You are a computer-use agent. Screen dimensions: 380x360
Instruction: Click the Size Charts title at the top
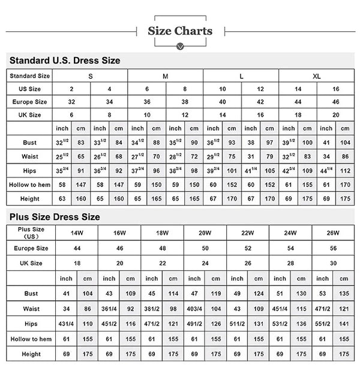pos(180,31)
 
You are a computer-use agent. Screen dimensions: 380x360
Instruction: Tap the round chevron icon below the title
pos(180,47)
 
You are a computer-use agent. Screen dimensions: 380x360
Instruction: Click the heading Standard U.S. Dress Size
pos(65,61)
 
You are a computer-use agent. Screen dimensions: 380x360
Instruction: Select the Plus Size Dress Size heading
pos(54,217)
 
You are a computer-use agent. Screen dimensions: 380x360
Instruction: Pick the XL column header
pos(316,76)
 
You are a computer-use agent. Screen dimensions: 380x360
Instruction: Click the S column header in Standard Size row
pos(90,76)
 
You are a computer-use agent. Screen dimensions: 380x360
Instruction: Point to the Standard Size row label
pos(30,76)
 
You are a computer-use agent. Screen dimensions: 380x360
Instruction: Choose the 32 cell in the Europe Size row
pos(71,102)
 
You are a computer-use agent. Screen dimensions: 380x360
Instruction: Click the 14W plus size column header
pos(76,233)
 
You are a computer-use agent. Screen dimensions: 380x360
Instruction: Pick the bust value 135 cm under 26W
pos(344,294)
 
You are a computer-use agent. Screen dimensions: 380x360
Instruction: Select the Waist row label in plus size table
pos(31,309)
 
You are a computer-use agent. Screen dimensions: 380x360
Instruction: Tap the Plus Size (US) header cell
pos(31,233)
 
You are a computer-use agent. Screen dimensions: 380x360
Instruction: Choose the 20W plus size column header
pos(204,233)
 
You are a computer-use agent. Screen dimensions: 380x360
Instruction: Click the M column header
pos(166,76)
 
